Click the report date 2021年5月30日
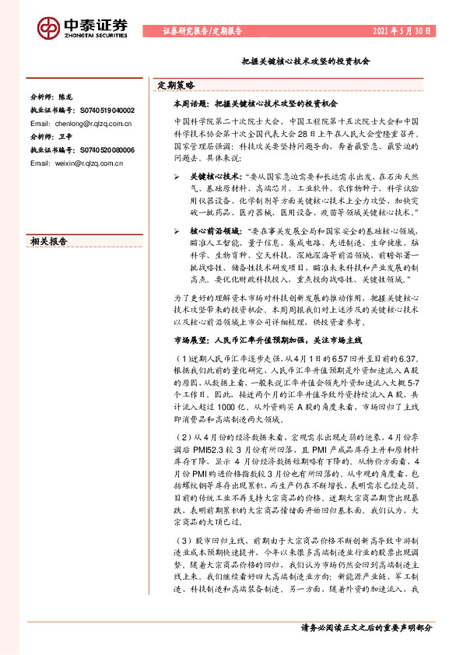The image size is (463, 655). [402, 31]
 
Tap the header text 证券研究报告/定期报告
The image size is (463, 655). [202, 31]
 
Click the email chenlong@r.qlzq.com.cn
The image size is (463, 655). [81, 123]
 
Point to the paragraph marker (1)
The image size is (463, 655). [181, 357]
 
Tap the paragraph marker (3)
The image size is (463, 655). [181, 539]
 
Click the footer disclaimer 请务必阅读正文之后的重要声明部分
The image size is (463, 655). [366, 626]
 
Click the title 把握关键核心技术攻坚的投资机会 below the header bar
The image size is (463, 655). [306, 59]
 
